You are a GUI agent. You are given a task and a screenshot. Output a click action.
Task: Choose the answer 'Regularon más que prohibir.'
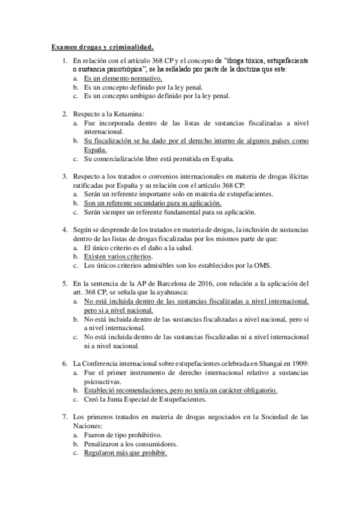126,452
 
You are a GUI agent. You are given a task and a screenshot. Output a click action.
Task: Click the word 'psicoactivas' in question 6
103,381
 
